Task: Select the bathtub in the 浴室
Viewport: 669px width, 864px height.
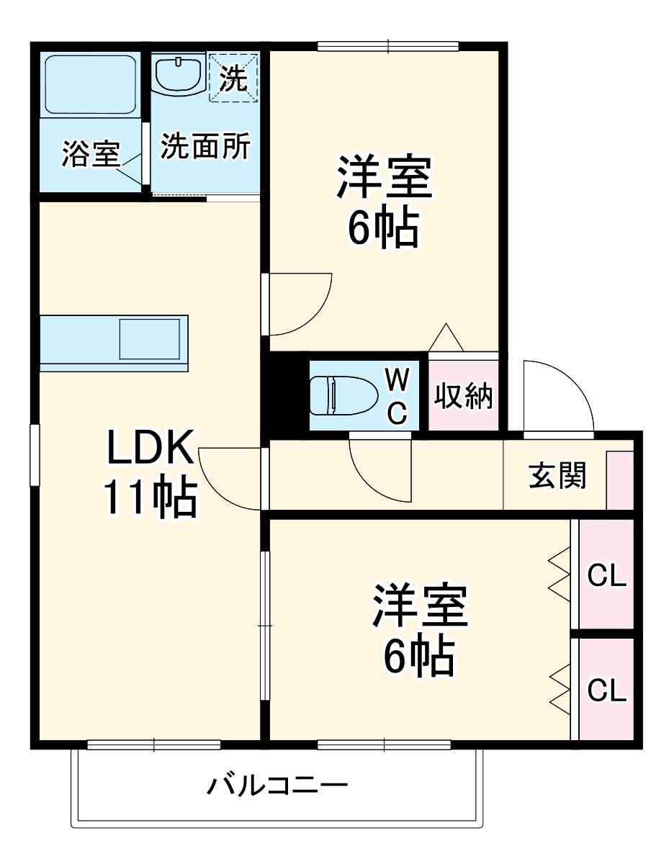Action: pos(90,84)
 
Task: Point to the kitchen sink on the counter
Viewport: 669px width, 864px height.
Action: pos(150,338)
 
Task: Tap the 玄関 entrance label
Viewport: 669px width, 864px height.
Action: pos(557,476)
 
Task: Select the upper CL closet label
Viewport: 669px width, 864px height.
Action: pos(606,575)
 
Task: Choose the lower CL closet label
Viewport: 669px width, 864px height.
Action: pos(606,690)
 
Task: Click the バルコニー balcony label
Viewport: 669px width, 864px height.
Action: pos(277,784)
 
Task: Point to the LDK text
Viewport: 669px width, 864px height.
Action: pos(151,447)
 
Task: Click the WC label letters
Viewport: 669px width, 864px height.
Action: pos(398,395)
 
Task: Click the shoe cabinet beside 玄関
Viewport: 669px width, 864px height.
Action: pos(619,480)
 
